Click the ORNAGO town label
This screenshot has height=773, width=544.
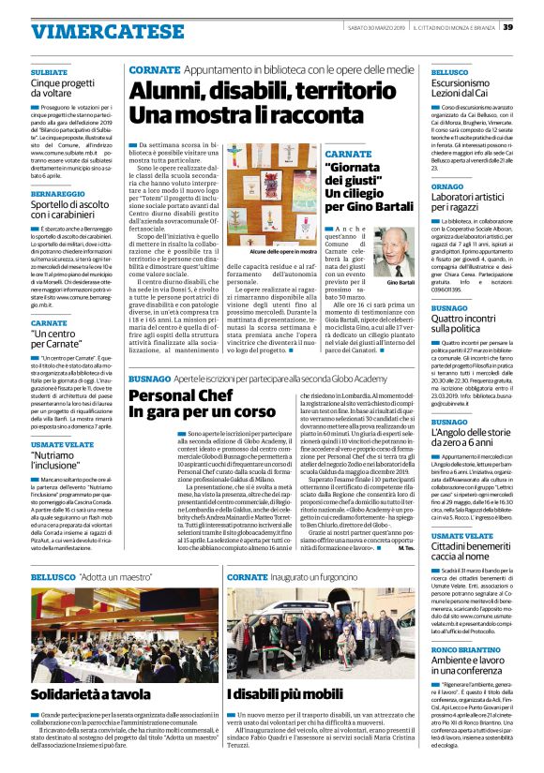447,186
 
